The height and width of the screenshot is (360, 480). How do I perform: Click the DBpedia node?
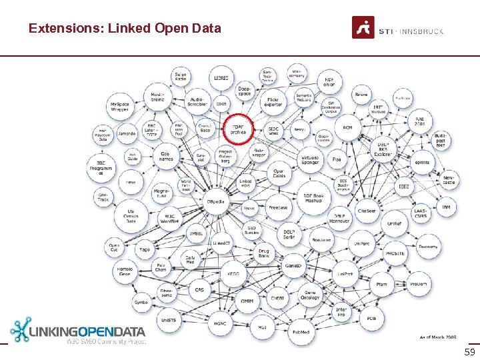[x=215, y=201]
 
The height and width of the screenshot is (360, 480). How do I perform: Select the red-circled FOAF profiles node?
[x=238, y=129]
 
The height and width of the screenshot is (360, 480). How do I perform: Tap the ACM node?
[x=347, y=127]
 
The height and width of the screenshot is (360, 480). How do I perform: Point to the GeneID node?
[x=294, y=266]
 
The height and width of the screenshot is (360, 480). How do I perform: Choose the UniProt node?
[x=345, y=274]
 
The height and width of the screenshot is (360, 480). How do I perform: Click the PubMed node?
[x=300, y=331]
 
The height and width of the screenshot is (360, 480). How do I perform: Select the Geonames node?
[x=165, y=157]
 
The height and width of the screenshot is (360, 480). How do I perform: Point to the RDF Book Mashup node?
[x=309, y=198]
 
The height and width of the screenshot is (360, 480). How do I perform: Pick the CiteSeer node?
[x=367, y=211]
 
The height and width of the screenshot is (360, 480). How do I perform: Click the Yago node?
[x=145, y=250]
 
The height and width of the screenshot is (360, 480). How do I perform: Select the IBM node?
[x=446, y=207]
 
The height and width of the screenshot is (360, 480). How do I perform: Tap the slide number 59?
[x=469, y=351]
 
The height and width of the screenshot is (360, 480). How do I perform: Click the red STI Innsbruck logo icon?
[x=363, y=27]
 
